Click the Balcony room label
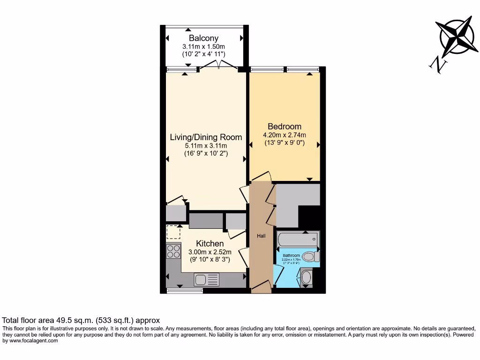click(x=203, y=38)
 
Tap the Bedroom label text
click(x=284, y=127)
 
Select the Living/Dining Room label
click(x=206, y=137)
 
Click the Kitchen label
click(x=210, y=244)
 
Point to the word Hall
click(x=261, y=236)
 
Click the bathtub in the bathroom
click(x=297, y=240)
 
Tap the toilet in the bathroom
click(x=310, y=257)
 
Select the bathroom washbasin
click(x=306, y=277)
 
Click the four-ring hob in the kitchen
click(x=173, y=252)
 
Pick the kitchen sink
click(x=206, y=280)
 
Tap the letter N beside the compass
click(x=437, y=65)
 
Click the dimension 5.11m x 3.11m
click(x=206, y=146)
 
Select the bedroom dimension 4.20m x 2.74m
click(x=284, y=135)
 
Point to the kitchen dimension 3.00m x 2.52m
click(x=210, y=252)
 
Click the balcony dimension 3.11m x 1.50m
click(x=203, y=46)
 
